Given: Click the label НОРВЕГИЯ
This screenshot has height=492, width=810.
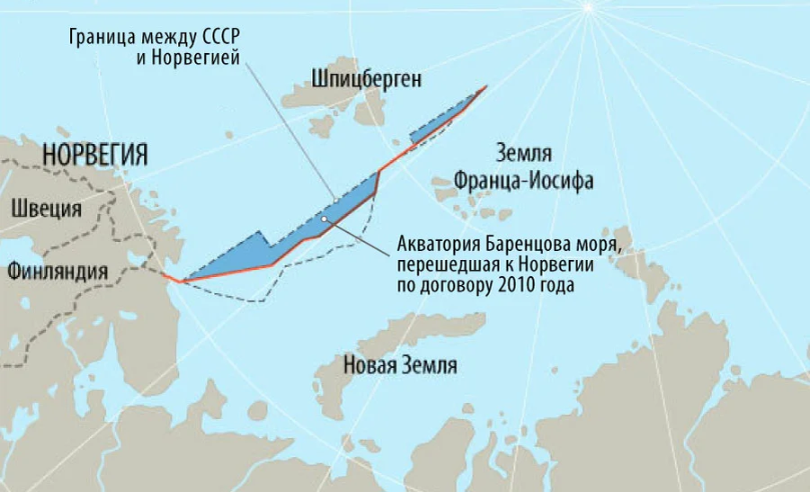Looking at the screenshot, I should pyautogui.click(x=94, y=154).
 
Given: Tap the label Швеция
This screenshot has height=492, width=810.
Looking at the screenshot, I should pyautogui.click(x=47, y=209).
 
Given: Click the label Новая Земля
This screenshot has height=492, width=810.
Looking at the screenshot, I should pyautogui.click(x=400, y=366).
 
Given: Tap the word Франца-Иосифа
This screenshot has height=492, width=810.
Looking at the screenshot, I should pyautogui.click(x=524, y=179).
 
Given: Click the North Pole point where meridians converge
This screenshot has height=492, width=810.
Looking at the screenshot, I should pyautogui.click(x=588, y=6).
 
